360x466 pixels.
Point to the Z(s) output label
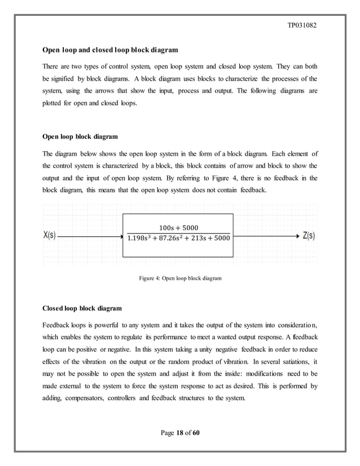pos(309,236)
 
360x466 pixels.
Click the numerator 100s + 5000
pos(178,228)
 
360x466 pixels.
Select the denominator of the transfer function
pos(178,239)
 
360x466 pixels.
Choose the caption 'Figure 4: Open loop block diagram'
pos(180,278)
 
